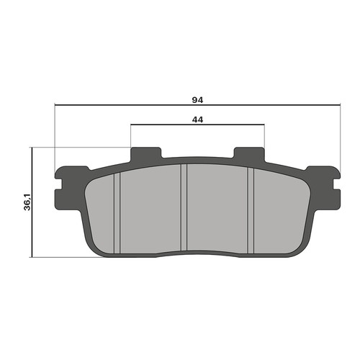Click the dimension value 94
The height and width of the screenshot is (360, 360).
tap(197, 100)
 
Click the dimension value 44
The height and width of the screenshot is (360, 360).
tap(197, 120)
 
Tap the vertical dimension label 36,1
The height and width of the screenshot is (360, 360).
tap(27, 202)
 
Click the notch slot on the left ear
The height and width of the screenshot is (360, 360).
tap(59, 184)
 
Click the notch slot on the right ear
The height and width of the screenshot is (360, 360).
tap(336, 184)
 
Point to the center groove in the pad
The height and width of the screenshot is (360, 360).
tap(184, 207)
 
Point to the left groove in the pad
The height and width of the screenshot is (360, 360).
tap(117, 213)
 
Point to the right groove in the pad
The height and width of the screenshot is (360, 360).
tap(251, 210)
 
